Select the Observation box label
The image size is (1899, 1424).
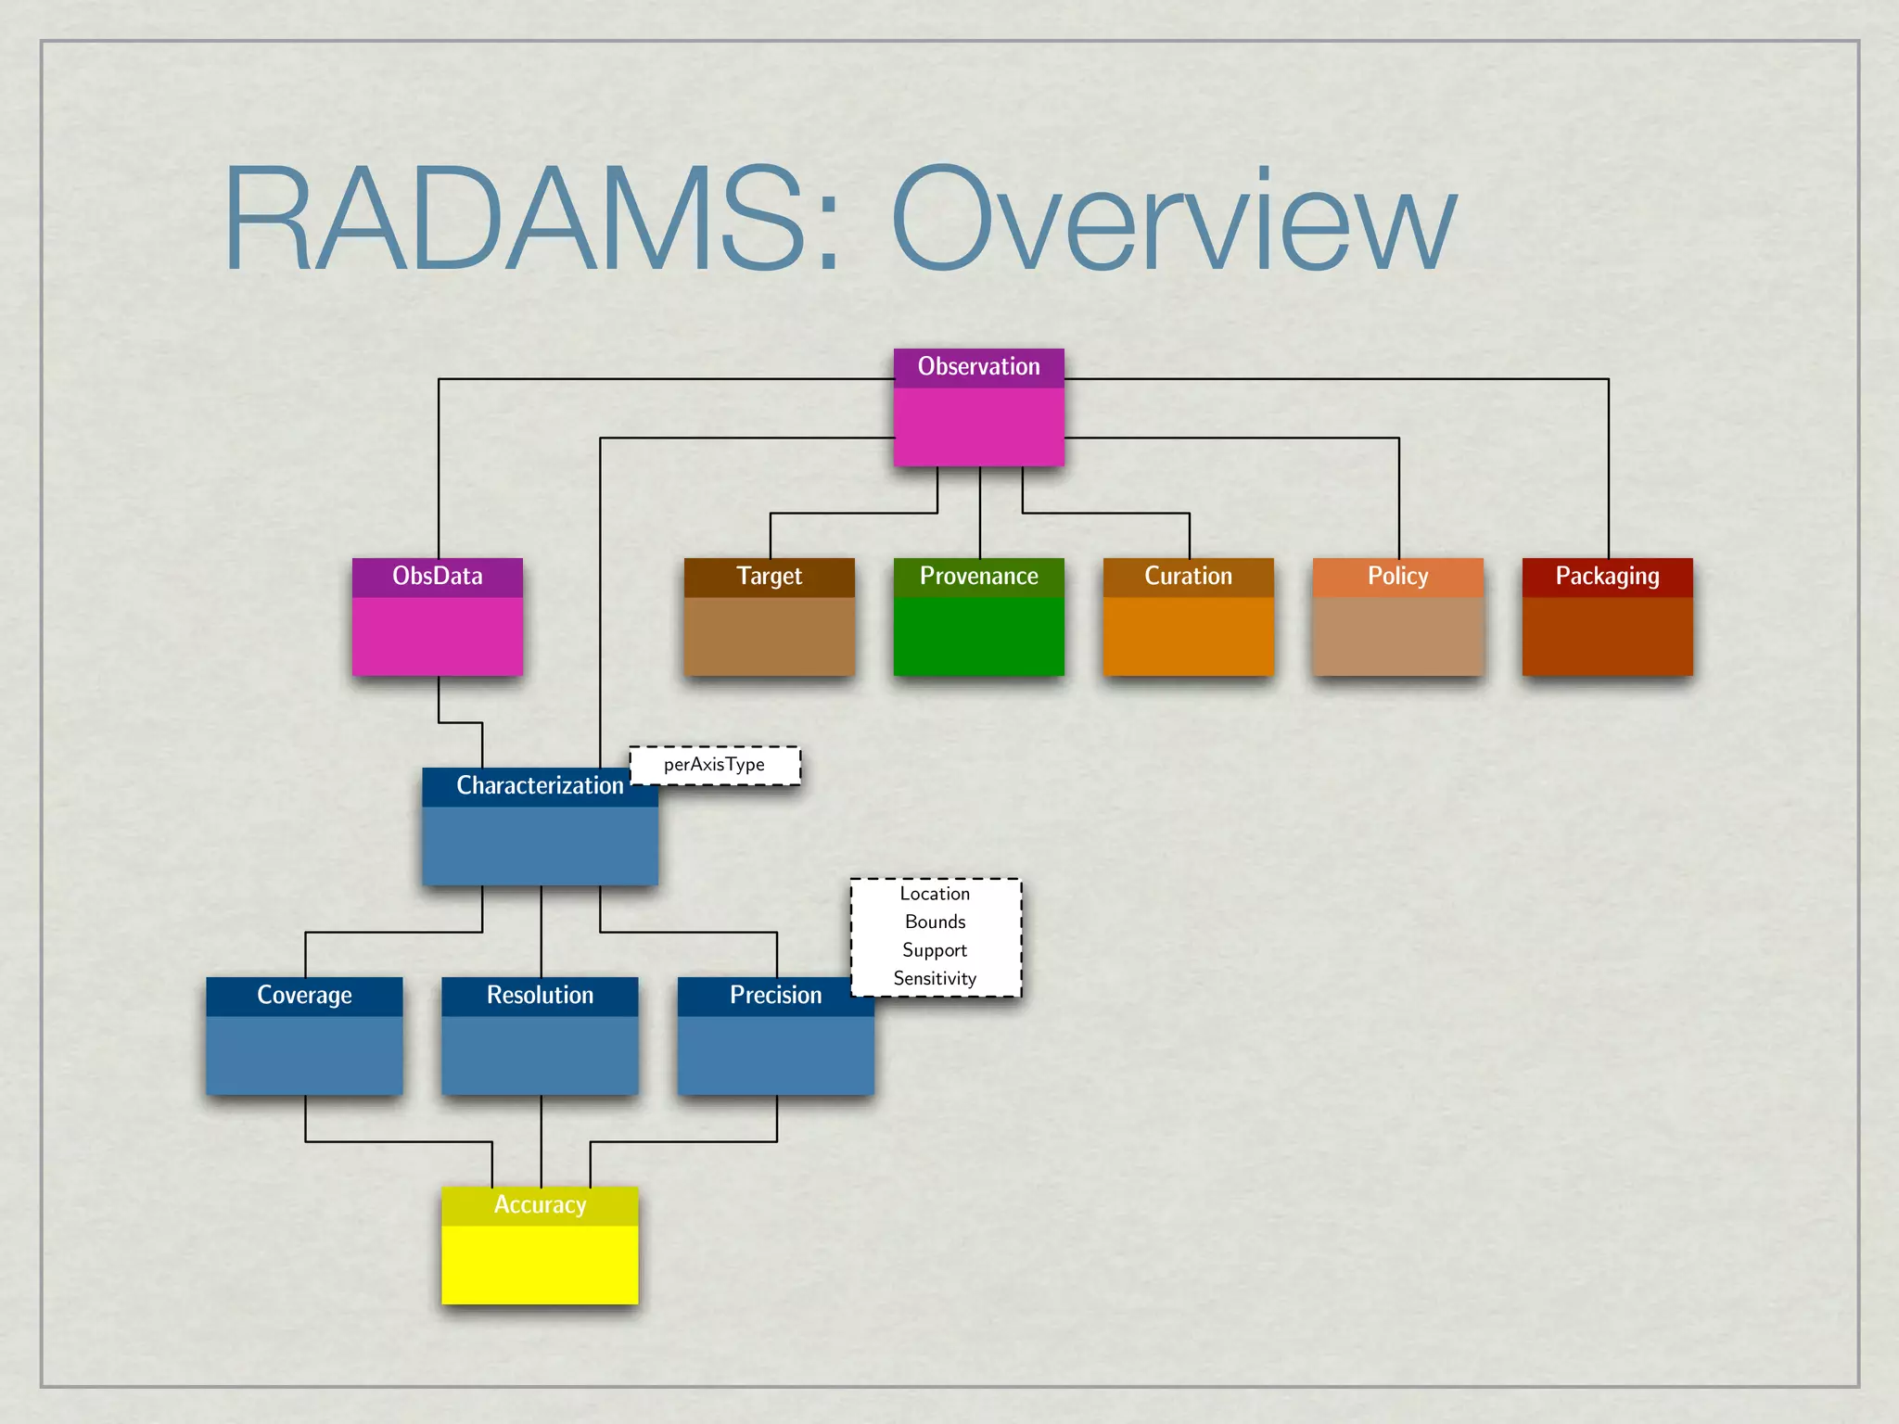point(978,367)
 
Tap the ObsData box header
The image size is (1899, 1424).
point(437,577)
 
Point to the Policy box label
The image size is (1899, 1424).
point(1397,577)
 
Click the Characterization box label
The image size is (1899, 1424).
point(540,786)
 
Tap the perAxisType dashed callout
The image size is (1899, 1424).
point(714,765)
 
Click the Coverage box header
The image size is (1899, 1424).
point(304,996)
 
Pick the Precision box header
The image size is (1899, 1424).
point(775,996)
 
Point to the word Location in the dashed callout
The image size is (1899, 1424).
point(935,894)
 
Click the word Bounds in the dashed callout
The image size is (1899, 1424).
point(935,922)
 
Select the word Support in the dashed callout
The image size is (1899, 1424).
point(935,950)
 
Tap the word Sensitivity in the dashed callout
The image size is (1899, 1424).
point(935,979)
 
